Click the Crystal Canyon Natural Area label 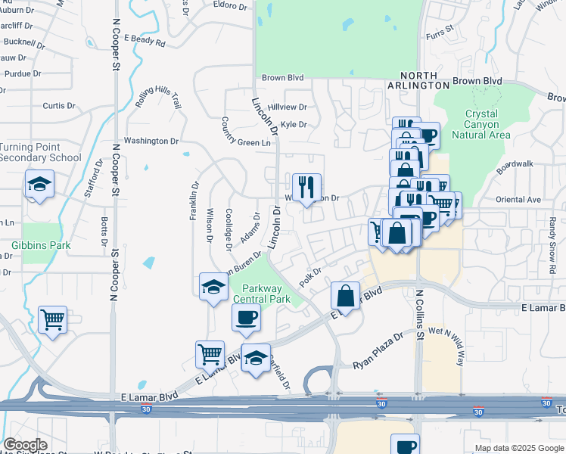click(481, 124)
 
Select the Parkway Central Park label click(261, 294)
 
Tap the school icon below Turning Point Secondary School click(39, 185)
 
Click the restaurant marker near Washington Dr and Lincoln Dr click(306, 187)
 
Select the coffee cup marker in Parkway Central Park click(246, 317)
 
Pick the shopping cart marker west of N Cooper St click(52, 320)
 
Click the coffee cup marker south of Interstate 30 click(405, 446)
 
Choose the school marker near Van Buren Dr click(214, 286)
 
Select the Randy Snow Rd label click(552, 250)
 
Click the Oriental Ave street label click(518, 200)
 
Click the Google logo click(25, 445)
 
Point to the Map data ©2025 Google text click(518, 448)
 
